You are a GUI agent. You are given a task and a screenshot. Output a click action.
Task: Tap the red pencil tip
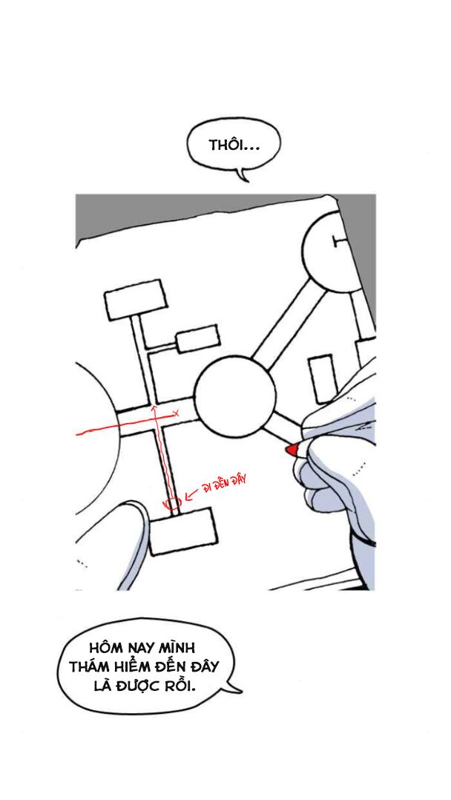291,449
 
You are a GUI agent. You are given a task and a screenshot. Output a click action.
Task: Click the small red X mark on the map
176,413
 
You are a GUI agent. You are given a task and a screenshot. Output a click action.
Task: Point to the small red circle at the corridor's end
171,502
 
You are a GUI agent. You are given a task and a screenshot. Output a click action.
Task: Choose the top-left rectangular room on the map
136,300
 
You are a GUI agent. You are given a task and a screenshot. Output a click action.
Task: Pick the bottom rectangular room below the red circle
182,531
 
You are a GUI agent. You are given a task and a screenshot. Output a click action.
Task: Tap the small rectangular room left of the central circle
197,338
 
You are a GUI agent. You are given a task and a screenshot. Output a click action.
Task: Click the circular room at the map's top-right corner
334,251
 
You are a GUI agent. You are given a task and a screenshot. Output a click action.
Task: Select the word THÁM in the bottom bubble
90,667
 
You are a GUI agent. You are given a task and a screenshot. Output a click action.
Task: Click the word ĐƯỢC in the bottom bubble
138,686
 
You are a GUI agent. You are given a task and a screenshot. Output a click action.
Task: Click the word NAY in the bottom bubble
139,649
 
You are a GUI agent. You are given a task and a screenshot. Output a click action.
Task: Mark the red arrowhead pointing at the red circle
188,495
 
